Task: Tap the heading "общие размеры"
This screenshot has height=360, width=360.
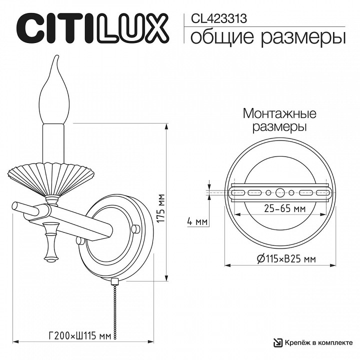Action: point(268,36)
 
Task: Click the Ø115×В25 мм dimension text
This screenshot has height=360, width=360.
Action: point(285,258)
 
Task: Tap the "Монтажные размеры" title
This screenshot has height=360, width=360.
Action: point(279,120)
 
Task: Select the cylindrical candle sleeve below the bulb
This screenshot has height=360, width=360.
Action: point(53,142)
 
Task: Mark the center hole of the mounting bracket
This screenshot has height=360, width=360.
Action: point(279,192)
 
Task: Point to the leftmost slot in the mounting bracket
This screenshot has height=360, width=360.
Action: point(237,192)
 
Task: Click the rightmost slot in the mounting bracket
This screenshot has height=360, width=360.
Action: point(321,192)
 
